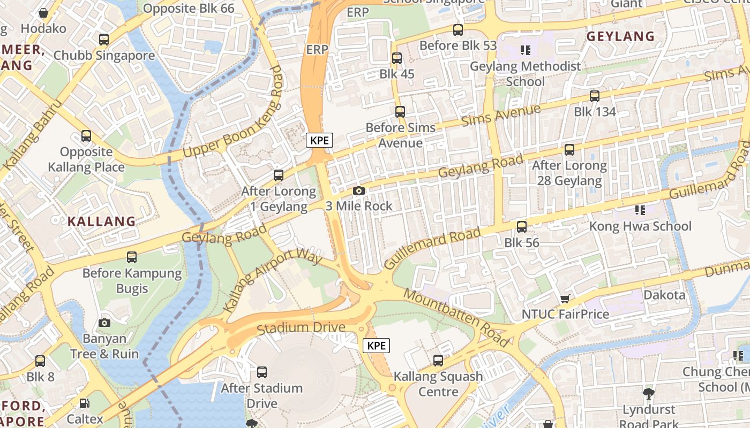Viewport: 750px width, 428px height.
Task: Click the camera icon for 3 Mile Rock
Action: click(359, 191)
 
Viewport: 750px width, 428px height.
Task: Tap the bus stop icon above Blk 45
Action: click(397, 58)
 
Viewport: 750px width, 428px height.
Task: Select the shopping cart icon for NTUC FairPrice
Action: click(565, 299)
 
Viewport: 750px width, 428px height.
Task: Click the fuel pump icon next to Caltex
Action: click(84, 403)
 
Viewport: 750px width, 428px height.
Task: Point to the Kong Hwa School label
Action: click(640, 226)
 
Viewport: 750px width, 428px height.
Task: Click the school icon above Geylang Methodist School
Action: click(526, 50)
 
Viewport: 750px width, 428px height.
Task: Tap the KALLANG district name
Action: click(101, 221)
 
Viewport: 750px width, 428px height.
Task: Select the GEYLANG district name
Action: click(620, 36)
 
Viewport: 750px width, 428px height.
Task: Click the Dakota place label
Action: click(664, 295)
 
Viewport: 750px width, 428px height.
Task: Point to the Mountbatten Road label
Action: click(455, 317)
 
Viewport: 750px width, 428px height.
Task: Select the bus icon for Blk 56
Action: click(522, 227)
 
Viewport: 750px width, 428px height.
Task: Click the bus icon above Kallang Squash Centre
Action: click(438, 361)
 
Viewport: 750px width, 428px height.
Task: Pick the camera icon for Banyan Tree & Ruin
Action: click(104, 323)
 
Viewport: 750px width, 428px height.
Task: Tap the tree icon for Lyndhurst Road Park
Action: click(649, 394)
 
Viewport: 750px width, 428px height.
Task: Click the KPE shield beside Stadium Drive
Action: click(376, 346)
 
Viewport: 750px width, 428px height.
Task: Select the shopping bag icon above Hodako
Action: click(43, 12)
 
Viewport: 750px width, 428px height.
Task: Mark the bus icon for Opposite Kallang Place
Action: click(86, 136)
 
